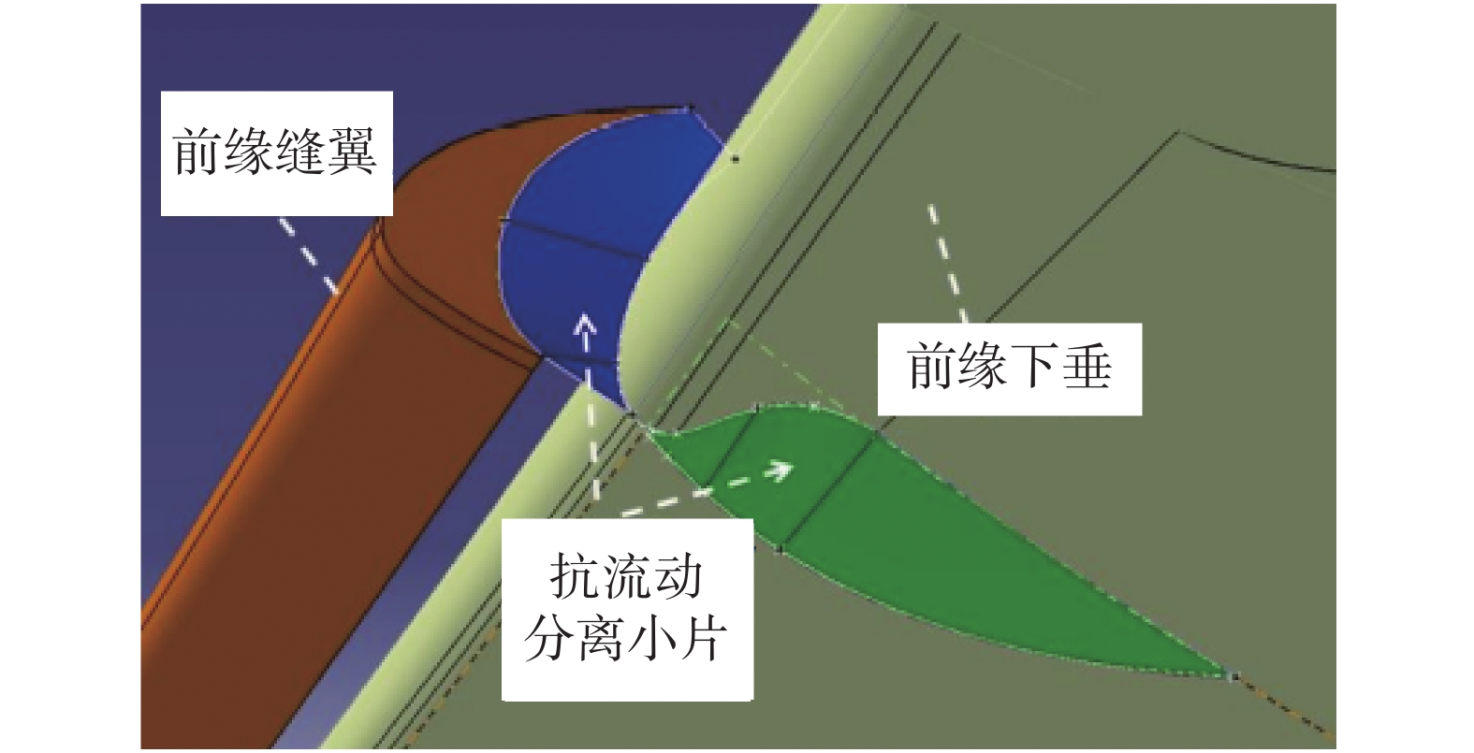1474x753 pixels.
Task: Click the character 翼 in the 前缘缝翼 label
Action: pos(352,152)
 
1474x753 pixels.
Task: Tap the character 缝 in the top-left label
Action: pos(301,152)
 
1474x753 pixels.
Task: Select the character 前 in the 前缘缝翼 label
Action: pos(199,152)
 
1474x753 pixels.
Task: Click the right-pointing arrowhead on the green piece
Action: pos(781,469)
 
